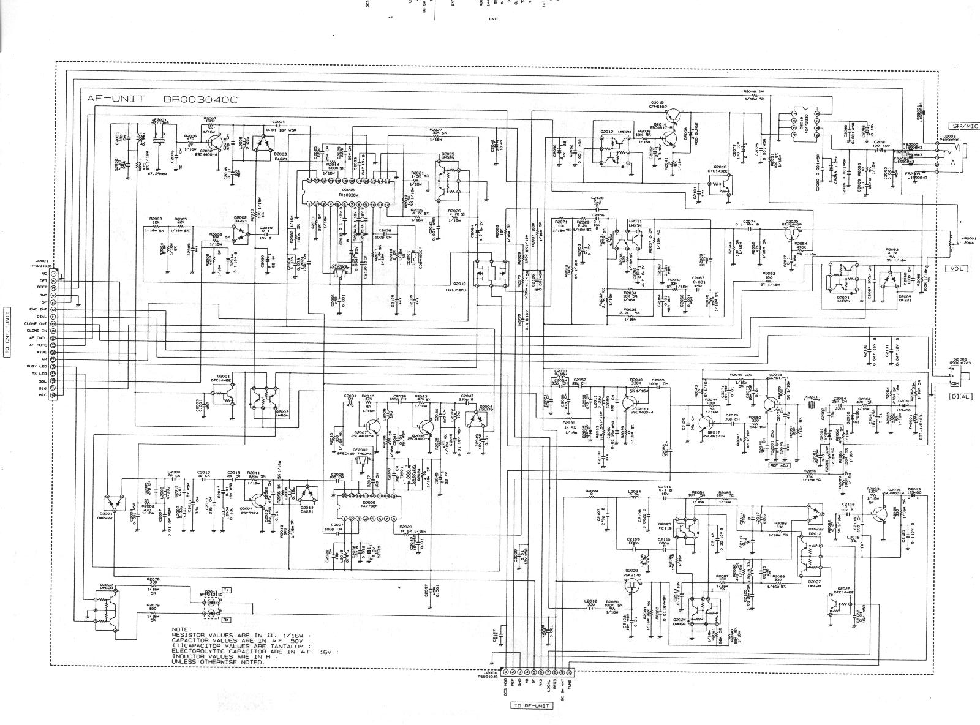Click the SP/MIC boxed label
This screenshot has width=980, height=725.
(x=963, y=126)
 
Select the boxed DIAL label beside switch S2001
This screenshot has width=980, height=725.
(x=961, y=396)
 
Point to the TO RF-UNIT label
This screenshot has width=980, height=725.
(x=531, y=706)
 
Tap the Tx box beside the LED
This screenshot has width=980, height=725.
(x=225, y=590)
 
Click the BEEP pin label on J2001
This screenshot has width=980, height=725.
(x=43, y=287)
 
